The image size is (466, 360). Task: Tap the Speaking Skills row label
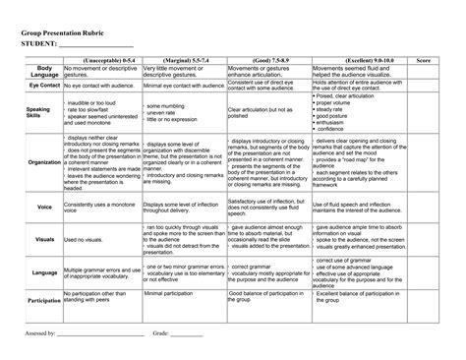[39, 111]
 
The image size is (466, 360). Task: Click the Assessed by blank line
[97, 335]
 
